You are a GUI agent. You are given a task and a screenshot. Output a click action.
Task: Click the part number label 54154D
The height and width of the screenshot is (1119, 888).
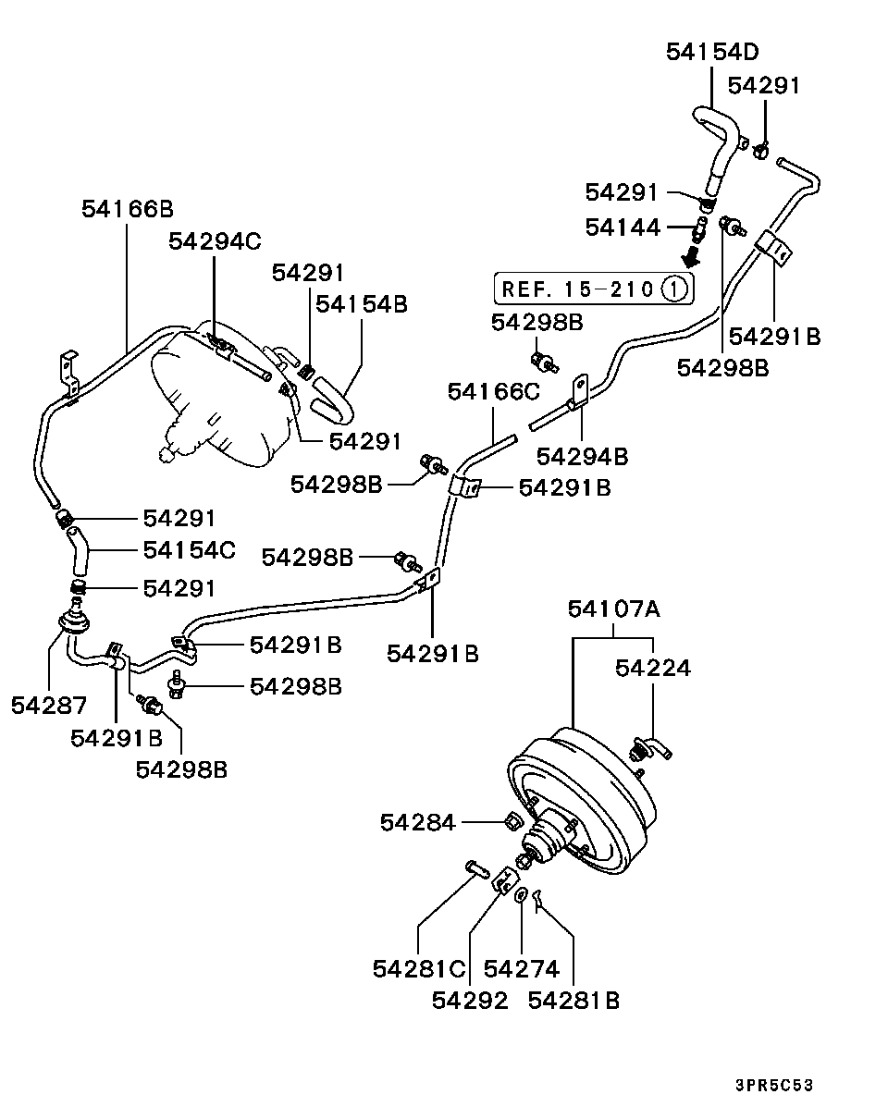[713, 52]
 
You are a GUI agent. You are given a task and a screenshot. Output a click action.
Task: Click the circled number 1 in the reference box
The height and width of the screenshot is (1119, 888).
[674, 289]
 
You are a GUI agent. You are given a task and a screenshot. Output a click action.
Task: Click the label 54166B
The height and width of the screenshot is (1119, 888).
[127, 208]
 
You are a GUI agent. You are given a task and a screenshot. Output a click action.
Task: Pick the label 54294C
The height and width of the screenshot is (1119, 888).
[215, 241]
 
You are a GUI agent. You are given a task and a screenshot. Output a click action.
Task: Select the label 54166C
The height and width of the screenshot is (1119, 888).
[493, 391]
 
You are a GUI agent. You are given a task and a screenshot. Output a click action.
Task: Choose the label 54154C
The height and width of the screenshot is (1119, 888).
[189, 550]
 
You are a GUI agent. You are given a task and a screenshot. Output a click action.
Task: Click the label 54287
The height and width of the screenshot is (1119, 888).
[49, 706]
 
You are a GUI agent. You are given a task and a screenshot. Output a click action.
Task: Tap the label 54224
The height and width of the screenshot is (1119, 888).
[653, 667]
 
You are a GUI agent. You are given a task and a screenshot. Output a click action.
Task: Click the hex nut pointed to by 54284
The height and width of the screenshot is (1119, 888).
[512, 820]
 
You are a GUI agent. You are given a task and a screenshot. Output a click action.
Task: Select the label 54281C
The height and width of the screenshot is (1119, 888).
[419, 968]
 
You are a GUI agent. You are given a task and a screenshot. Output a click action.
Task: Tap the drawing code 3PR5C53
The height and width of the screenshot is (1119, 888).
[774, 1085]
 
